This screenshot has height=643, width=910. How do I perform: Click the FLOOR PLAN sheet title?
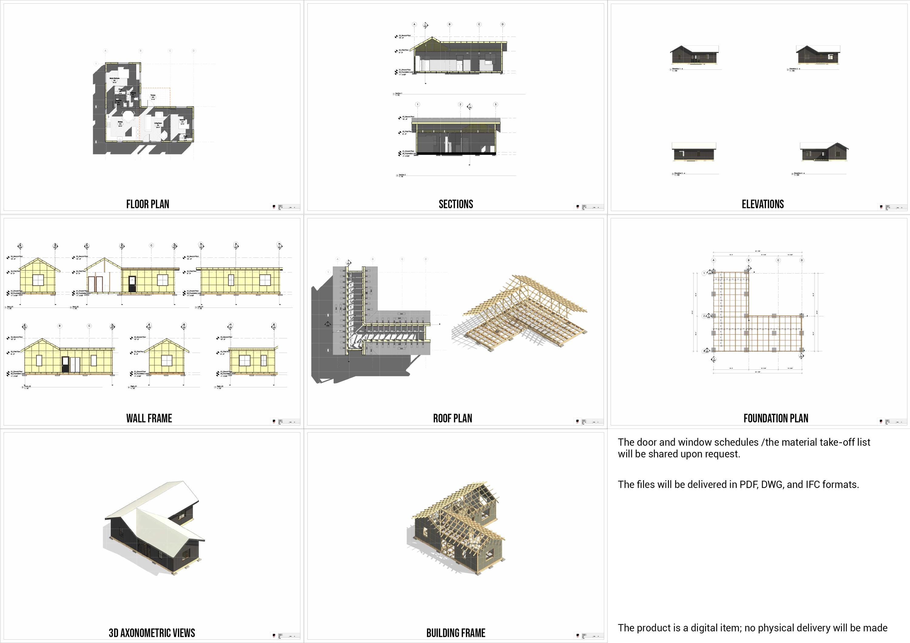click(x=147, y=204)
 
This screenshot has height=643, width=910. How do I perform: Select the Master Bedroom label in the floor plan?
click(x=115, y=79)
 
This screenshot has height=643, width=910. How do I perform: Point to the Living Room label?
click(x=158, y=123)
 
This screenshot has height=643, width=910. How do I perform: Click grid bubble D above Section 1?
click(x=503, y=25)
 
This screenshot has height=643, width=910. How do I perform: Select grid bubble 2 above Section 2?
click(x=460, y=105)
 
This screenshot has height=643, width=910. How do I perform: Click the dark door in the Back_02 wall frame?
click(x=132, y=285)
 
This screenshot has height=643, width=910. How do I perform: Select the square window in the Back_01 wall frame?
click(x=38, y=280)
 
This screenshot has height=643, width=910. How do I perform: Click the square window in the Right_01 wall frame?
click(x=167, y=361)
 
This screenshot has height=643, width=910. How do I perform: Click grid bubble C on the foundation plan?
click(x=778, y=260)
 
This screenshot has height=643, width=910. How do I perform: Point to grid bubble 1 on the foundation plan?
click(x=704, y=273)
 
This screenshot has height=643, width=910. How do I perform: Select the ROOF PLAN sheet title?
click(x=452, y=418)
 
